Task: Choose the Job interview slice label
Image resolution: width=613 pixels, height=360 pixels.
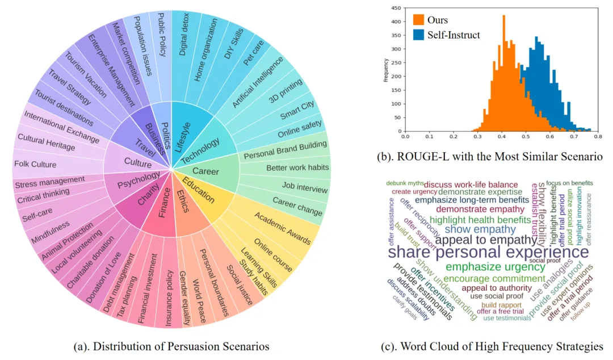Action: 305,187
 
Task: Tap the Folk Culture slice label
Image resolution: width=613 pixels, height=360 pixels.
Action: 36,165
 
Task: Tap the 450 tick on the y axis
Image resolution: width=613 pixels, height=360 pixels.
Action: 397,9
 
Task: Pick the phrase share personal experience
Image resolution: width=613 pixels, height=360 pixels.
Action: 488,252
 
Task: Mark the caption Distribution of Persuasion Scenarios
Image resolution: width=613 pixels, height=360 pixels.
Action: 171,346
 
